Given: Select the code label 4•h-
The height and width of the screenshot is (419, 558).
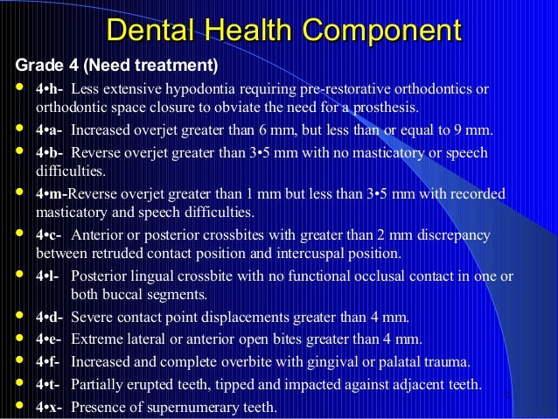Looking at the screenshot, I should point(50,89).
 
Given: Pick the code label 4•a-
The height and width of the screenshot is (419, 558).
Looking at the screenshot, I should point(50,132).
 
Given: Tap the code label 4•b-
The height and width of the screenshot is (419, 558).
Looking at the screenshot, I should point(50,152).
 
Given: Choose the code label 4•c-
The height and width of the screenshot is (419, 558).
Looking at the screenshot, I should point(50,236).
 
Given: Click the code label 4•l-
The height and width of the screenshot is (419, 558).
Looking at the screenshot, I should point(48,276).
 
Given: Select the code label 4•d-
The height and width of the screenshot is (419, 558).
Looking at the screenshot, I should point(50,316).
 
